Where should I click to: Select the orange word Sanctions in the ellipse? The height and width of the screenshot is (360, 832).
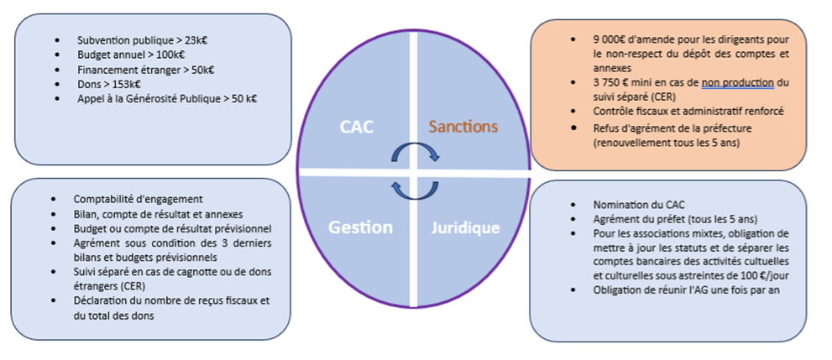coord(463,128)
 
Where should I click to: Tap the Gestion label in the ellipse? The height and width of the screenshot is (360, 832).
coord(360,227)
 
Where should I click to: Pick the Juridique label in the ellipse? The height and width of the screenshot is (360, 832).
coord(465,227)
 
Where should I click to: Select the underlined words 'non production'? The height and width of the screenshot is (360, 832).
coord(738,82)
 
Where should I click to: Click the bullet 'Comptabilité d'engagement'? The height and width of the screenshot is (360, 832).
coord(138,199)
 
